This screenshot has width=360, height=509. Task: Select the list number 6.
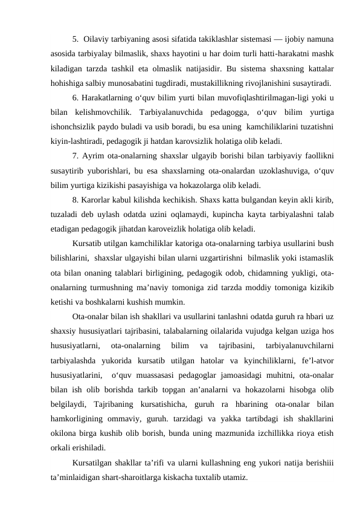(x=76, y=99)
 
